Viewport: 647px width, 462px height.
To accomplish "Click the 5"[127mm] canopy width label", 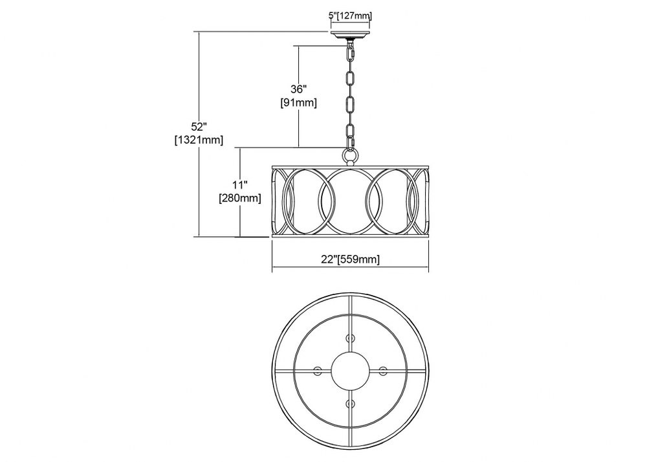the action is click(x=350, y=16).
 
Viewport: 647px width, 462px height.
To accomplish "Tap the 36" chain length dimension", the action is click(x=298, y=89).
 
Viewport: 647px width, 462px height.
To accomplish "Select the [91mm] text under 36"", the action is click(x=298, y=103).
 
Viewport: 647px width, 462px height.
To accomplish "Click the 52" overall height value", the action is click(x=199, y=126).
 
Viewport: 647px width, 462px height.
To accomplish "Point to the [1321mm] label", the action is click(x=199, y=140).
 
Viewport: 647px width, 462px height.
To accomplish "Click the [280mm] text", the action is click(x=240, y=199).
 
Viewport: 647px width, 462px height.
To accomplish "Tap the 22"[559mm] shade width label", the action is click(x=350, y=259).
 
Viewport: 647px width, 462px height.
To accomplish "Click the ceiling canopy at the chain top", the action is click(x=350, y=35).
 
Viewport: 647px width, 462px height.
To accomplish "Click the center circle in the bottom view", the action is click(x=350, y=370).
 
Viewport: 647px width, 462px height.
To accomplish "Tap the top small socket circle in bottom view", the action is click(x=350, y=338).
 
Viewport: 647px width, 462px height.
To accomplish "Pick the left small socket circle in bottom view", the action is click(x=318, y=370).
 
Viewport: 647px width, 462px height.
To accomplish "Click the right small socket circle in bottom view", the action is click(x=383, y=370).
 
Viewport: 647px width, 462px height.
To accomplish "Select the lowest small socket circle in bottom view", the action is click(x=350, y=403).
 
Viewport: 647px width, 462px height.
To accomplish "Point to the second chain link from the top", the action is click(x=350, y=78).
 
